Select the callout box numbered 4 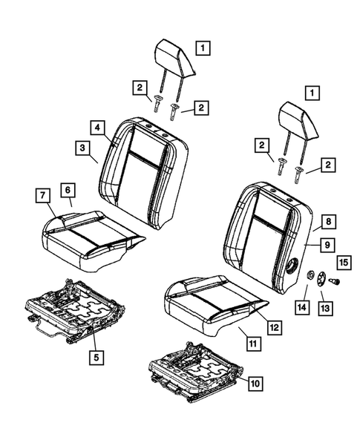click(97, 126)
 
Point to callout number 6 click(66, 191)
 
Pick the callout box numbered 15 click(343, 261)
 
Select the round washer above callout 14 click(306, 276)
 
